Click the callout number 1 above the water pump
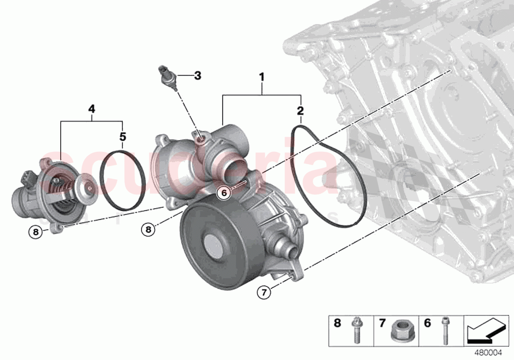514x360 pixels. coord(261,77)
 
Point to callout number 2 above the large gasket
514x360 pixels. coord(300,110)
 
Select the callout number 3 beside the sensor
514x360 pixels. coord(197,75)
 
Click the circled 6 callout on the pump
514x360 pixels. coord(224,193)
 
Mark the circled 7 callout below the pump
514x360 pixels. coord(264,293)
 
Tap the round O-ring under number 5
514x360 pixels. coord(122,181)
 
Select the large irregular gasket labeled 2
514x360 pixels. coord(327,176)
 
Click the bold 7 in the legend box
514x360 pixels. coord(382,323)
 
